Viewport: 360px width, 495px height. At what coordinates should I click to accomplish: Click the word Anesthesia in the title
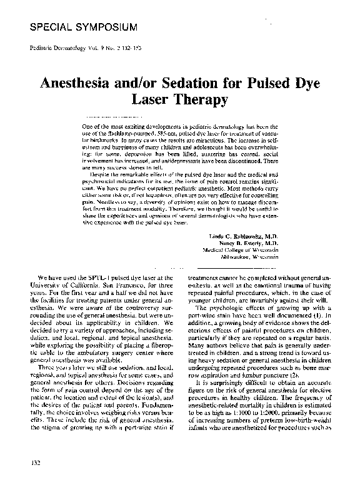point(85,82)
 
